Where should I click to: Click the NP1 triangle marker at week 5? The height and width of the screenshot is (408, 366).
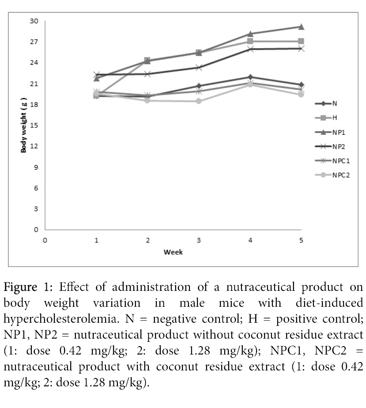301,27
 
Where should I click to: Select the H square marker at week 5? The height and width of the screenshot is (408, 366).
301,41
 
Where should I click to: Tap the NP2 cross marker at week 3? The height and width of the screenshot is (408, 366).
199,68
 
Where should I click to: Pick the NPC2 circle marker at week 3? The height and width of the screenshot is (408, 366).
199,101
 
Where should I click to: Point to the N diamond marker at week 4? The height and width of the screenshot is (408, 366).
250,77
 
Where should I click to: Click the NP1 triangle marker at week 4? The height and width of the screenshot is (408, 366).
250,34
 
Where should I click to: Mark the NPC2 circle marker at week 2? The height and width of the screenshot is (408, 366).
148,100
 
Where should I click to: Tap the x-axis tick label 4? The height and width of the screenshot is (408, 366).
250,240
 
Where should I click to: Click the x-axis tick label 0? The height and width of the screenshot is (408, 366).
45,240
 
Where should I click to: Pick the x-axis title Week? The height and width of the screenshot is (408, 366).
173,252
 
